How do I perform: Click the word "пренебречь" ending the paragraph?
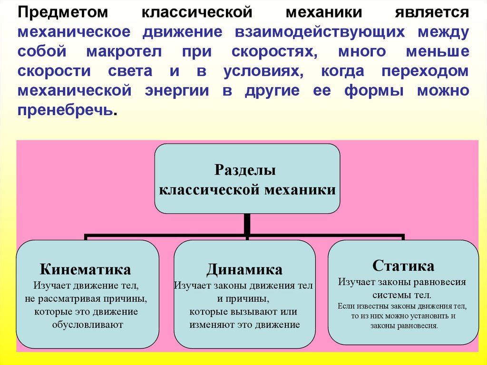tap(66, 111)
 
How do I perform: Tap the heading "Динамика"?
tap(244, 270)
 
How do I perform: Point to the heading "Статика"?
tap(403, 265)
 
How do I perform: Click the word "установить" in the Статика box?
tap(426, 316)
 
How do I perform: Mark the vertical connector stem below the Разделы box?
tap(246, 223)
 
